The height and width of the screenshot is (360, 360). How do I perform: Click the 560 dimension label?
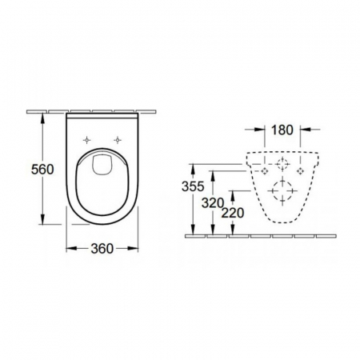pos(42,170)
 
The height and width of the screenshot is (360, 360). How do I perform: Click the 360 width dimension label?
pos(102,249)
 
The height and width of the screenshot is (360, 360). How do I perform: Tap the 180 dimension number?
pos(282,130)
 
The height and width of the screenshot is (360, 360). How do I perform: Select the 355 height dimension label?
pos(193,186)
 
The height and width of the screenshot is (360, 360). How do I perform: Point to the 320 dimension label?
pos(213,203)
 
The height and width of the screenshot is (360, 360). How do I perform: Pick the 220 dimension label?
pos(233,213)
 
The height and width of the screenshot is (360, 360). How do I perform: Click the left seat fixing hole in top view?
pos(87,140)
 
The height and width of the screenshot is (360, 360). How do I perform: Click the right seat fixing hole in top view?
pos(118,140)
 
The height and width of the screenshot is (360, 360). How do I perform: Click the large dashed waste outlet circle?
pos(282,191)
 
